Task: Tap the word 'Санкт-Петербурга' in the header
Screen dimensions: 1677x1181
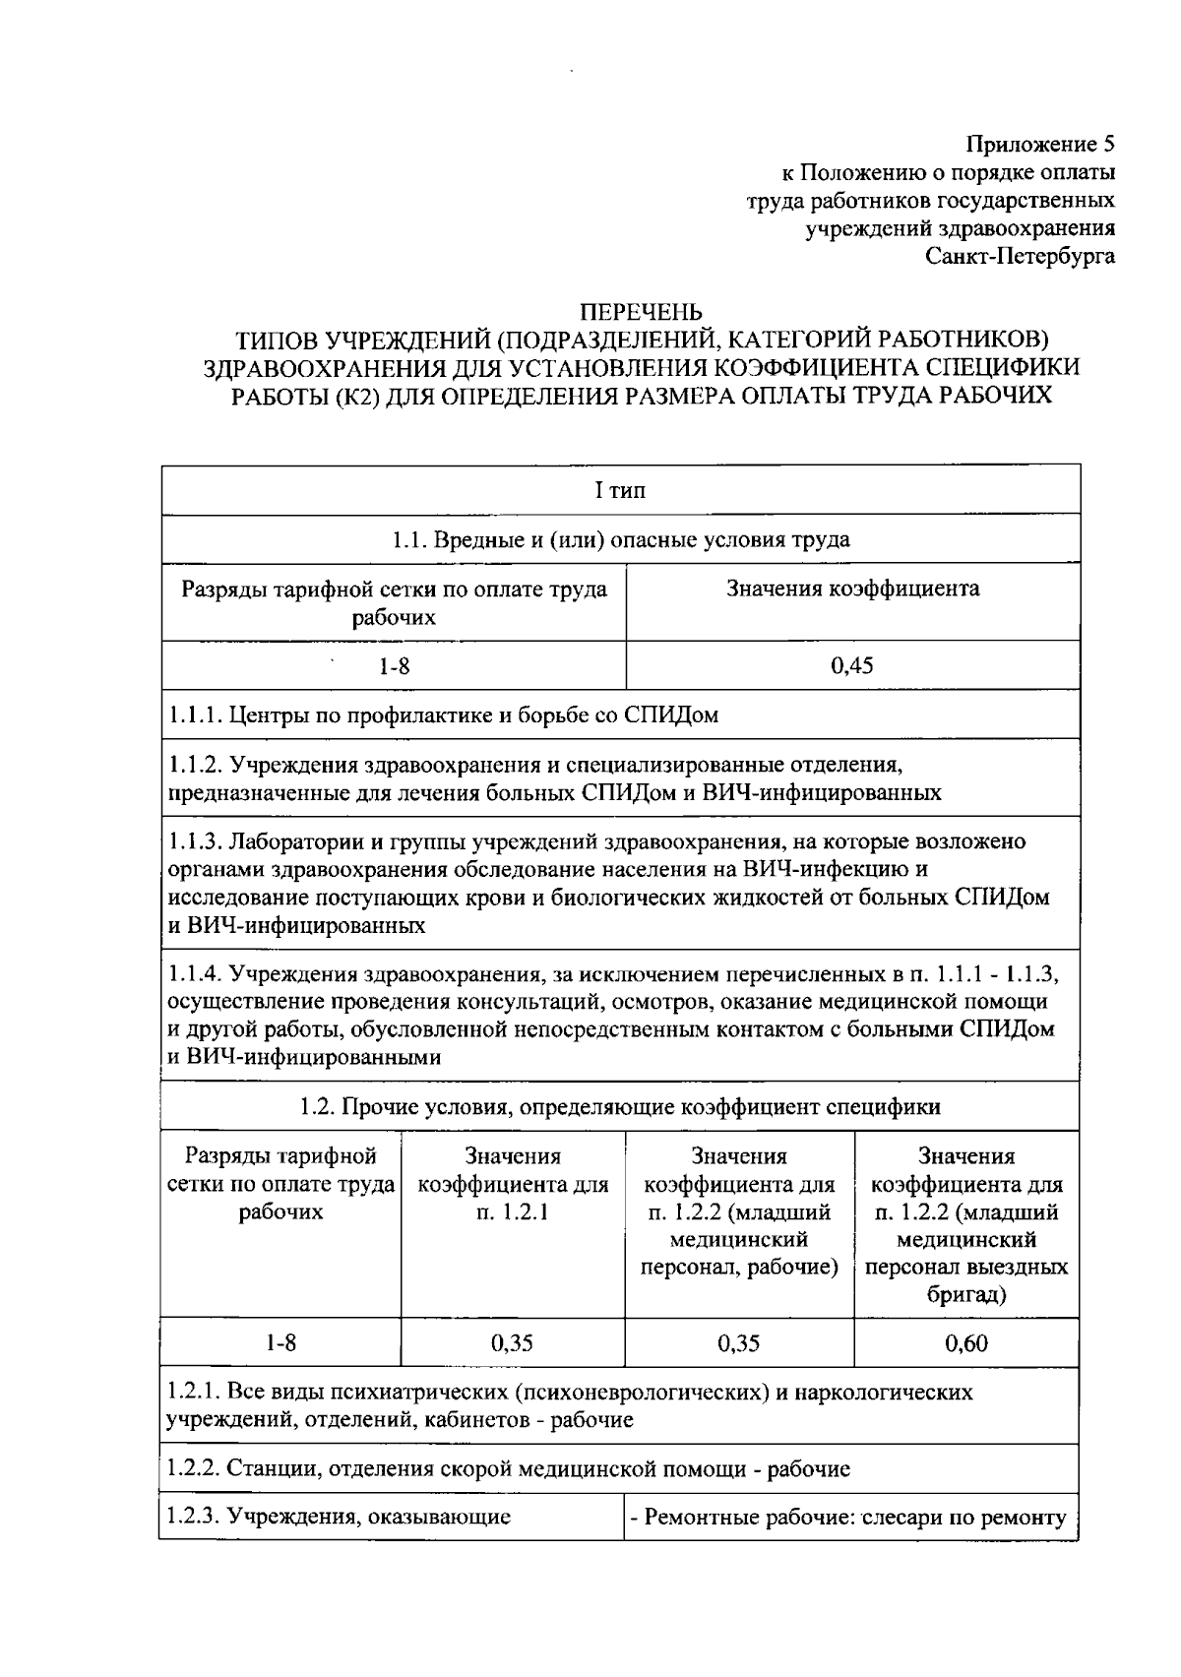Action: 1021,256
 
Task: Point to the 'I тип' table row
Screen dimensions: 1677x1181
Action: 620,490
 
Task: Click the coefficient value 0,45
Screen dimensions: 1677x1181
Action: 851,666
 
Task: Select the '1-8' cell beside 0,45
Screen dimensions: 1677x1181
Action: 395,666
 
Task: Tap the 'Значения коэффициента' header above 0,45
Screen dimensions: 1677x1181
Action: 852,589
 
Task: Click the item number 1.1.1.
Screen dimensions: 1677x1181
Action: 195,714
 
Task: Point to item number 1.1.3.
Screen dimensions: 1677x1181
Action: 195,841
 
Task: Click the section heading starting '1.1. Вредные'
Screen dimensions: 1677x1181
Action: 620,539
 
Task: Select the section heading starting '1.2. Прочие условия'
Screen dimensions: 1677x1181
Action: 620,1106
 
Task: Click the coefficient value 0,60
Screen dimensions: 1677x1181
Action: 966,1342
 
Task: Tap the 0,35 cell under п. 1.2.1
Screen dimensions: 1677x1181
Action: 512,1342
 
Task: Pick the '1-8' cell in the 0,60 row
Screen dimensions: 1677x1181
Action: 280,1342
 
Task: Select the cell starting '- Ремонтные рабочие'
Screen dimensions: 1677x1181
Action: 848,1517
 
